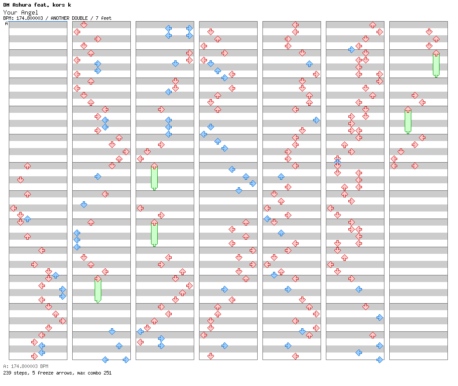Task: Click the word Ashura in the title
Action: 22,5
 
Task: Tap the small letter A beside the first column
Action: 6,24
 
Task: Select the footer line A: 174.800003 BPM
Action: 26,366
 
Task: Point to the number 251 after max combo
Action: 106,373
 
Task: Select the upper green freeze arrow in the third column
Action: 154,176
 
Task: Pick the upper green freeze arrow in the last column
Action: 436,63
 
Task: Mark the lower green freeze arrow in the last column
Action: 408,120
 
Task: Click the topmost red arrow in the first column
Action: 27,166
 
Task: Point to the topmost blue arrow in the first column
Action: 27,219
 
